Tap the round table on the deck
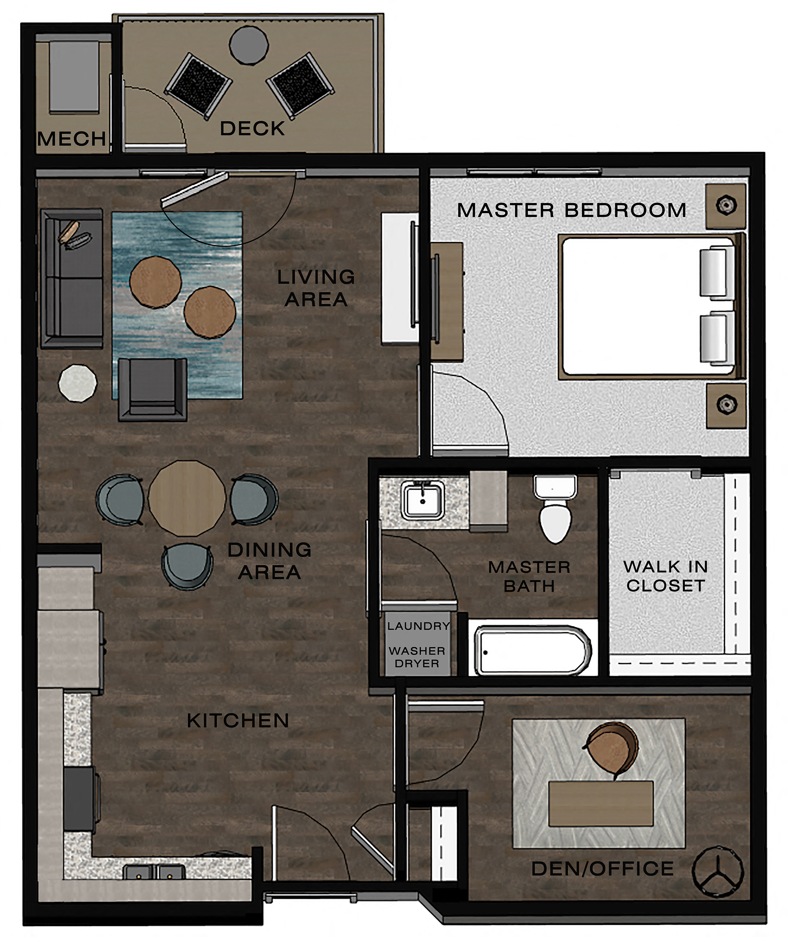[x=249, y=45]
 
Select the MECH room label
[x=71, y=139]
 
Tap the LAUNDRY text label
[x=418, y=626]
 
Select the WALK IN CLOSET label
[x=665, y=576]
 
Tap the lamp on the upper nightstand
[x=726, y=206]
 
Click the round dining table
[x=187, y=498]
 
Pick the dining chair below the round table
[x=187, y=566]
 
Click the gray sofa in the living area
[x=73, y=278]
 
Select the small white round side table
[x=77, y=383]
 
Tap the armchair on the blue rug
[x=152, y=389]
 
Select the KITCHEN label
[x=238, y=720]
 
